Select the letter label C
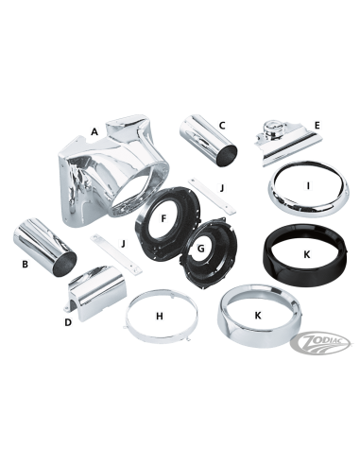(x=222, y=124)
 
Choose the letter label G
(x=200, y=250)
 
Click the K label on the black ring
(x=305, y=254)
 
